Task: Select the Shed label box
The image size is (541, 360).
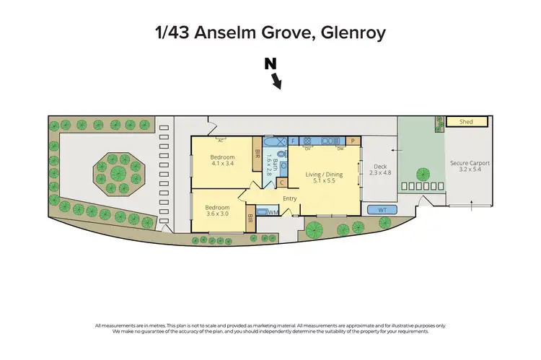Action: (466, 122)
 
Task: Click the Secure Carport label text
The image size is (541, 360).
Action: (470, 164)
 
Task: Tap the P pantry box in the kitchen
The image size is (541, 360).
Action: (353, 141)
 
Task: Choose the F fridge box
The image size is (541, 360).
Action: (293, 140)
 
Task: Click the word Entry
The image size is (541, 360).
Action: (290, 199)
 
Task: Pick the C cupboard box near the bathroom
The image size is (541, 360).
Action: (282, 183)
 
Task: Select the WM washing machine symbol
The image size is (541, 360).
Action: (273, 212)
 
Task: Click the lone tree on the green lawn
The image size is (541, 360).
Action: (423, 174)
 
